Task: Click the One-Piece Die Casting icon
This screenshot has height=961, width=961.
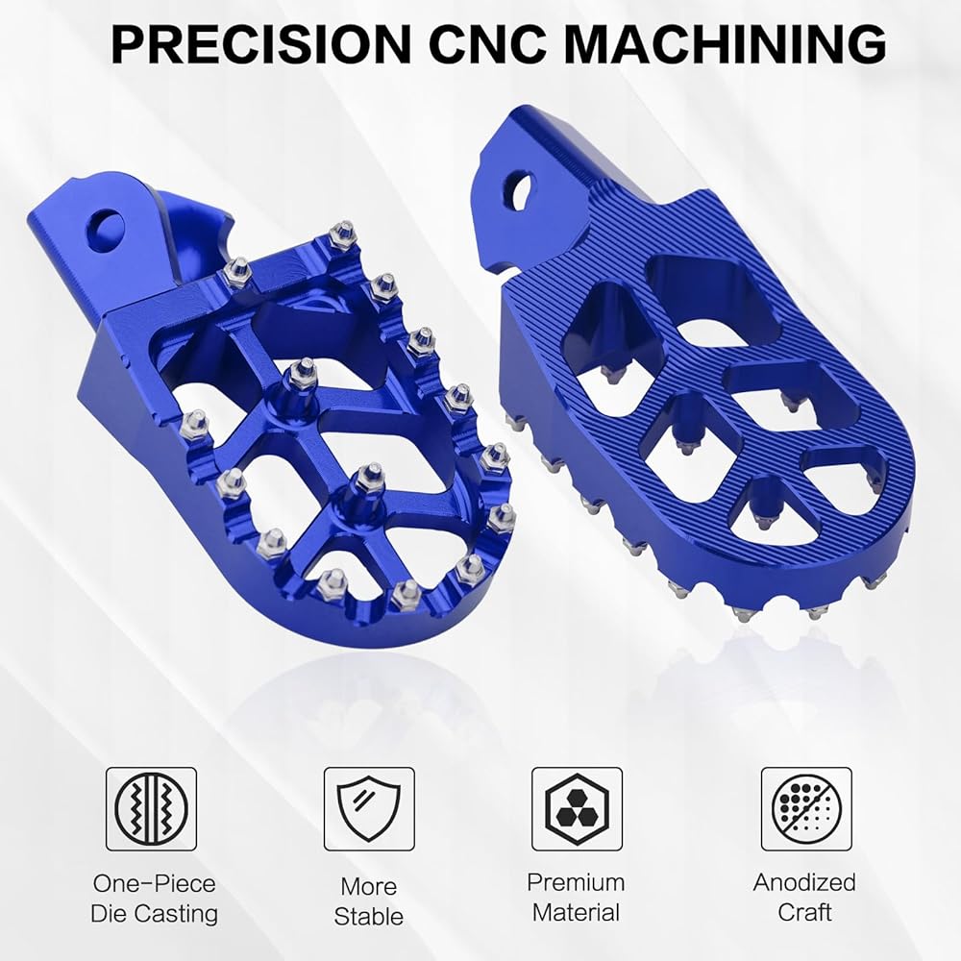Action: coord(152,809)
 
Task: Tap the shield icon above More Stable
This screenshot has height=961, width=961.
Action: coord(370,809)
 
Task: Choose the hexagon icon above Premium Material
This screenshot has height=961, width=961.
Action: coord(577,809)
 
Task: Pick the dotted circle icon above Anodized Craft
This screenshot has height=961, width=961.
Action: coord(806,809)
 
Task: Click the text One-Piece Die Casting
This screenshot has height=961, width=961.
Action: coord(154,899)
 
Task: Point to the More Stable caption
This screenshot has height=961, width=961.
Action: coord(369,901)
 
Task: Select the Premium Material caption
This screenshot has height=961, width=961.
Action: coord(576,898)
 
